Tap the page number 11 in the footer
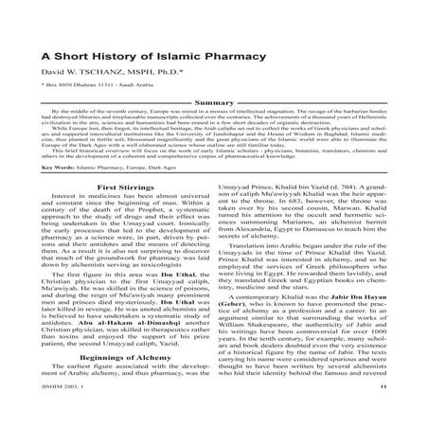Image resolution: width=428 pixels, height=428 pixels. pos(406,414)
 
